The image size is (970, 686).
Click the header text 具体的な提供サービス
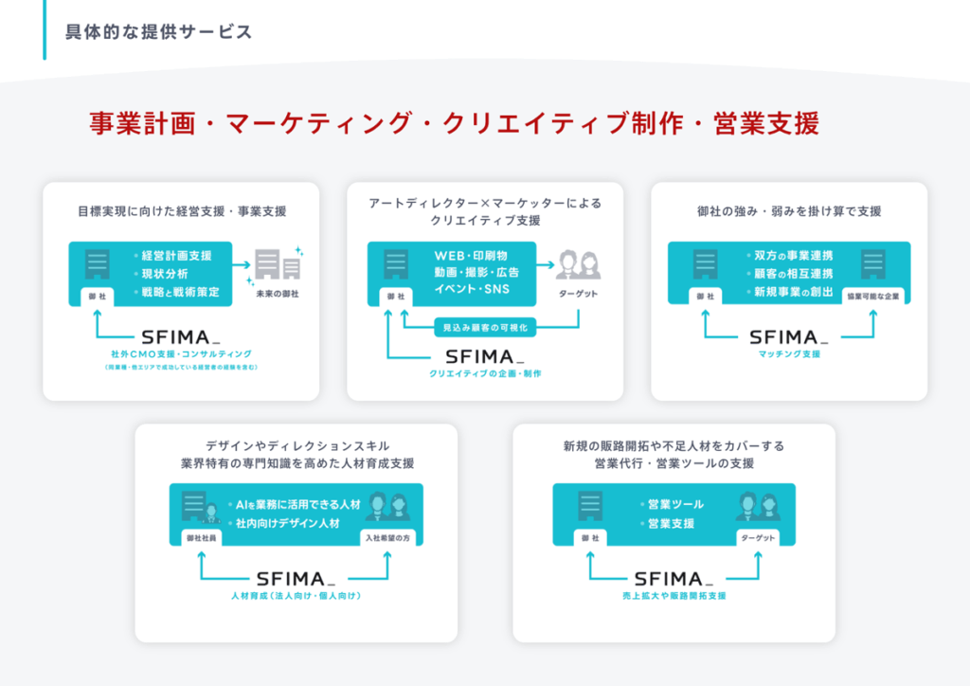(158, 32)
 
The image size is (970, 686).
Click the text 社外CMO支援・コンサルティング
(181, 353)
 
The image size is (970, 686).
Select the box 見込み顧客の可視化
(485, 327)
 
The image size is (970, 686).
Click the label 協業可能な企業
(873, 296)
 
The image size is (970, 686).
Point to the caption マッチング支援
(789, 353)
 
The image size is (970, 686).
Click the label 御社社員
(201, 537)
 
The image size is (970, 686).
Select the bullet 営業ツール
(674, 504)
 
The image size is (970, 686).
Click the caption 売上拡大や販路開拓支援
(674, 596)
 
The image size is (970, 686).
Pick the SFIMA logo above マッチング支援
(789, 336)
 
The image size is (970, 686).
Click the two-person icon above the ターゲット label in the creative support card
(578, 264)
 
